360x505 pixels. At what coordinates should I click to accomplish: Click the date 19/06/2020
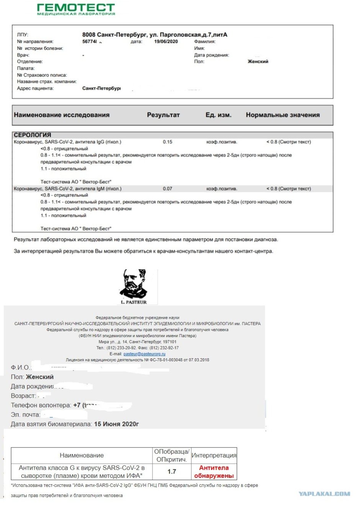click(x=166, y=41)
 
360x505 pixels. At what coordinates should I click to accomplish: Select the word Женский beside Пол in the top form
click(x=258, y=61)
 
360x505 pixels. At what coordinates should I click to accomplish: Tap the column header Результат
click(x=163, y=115)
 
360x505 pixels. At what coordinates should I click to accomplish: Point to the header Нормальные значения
click(x=283, y=115)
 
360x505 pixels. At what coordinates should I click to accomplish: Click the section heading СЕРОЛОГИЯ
click(x=32, y=135)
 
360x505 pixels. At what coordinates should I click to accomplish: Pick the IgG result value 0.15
click(x=167, y=142)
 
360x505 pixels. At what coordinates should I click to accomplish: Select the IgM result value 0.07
click(x=167, y=189)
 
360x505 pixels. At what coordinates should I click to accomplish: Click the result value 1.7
click(x=172, y=472)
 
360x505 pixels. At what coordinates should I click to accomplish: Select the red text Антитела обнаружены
click(x=214, y=472)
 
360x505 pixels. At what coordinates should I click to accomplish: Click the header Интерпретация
click(x=214, y=456)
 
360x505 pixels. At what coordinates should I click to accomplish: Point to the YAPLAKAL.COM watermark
click(x=324, y=494)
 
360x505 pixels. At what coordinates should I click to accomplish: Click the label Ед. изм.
click(x=218, y=115)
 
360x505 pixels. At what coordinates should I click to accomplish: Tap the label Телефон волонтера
click(x=41, y=405)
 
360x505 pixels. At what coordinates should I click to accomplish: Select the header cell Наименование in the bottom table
click(x=82, y=456)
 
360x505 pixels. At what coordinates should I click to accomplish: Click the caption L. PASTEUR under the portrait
click(x=134, y=302)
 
